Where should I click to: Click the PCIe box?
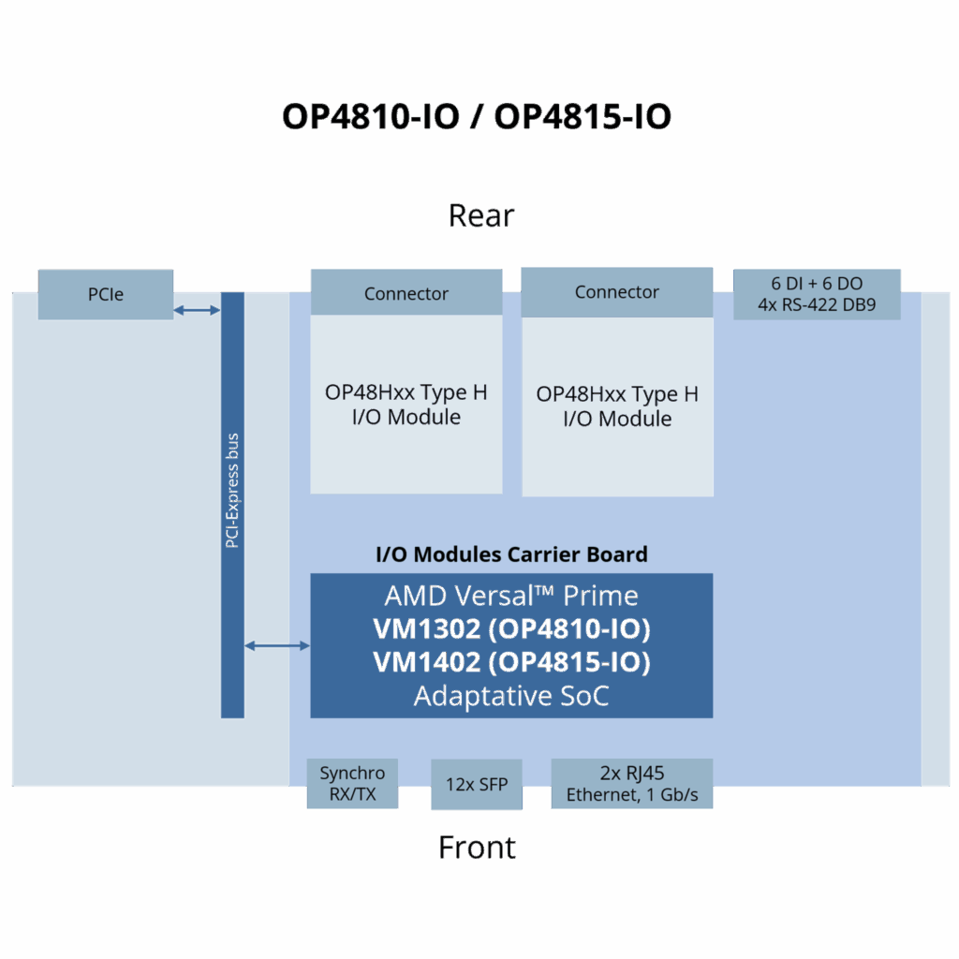pyautogui.click(x=106, y=294)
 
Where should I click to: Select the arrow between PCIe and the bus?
pyautogui.click(x=197, y=309)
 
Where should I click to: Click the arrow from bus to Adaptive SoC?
pyautogui.click(x=277, y=645)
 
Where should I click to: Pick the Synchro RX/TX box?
pyautogui.click(x=352, y=785)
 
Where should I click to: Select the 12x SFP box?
pyautogui.click(x=477, y=785)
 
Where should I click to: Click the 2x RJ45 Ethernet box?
pyautogui.click(x=632, y=785)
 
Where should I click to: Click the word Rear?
pyautogui.click(x=480, y=215)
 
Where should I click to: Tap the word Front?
pyautogui.click(x=477, y=848)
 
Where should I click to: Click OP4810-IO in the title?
pyautogui.click(x=371, y=117)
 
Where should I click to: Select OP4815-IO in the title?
pyautogui.click(x=583, y=117)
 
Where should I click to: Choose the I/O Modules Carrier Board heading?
pyautogui.click(x=511, y=553)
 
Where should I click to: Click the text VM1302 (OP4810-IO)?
pyautogui.click(x=511, y=627)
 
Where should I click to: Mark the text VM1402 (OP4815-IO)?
pyautogui.click(x=511, y=662)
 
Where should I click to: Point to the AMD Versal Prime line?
pyautogui.click(x=511, y=596)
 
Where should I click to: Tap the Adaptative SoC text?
pyautogui.click(x=511, y=696)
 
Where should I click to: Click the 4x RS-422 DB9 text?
pyautogui.click(x=817, y=304)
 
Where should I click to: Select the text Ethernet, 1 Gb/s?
pyautogui.click(x=632, y=796)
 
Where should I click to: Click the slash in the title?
pyautogui.click(x=478, y=117)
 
